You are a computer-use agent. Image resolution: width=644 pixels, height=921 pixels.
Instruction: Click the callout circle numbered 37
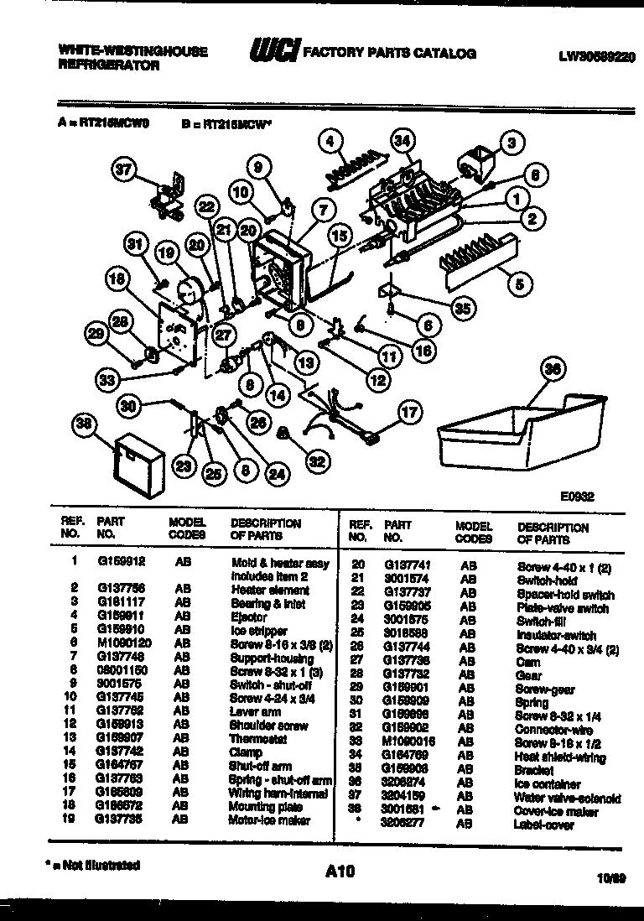125,170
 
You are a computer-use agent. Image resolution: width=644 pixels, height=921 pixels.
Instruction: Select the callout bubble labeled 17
408,412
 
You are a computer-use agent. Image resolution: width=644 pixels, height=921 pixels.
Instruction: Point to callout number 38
83,425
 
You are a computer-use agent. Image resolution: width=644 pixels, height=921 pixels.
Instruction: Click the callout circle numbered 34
403,141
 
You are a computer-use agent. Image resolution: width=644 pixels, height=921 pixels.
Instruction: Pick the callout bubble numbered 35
461,308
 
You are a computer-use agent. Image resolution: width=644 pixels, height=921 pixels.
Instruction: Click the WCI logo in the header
273,52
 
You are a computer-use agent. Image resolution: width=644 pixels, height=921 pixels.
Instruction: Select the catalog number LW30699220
595,57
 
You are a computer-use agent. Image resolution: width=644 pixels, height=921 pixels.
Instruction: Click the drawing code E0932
578,496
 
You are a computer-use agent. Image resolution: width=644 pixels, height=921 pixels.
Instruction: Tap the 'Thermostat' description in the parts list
257,739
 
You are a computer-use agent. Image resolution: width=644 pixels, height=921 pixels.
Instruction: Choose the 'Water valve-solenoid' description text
569,798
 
